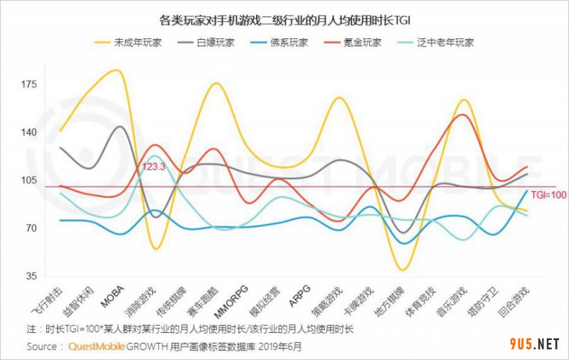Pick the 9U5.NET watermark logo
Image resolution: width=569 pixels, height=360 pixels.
click(535, 344)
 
